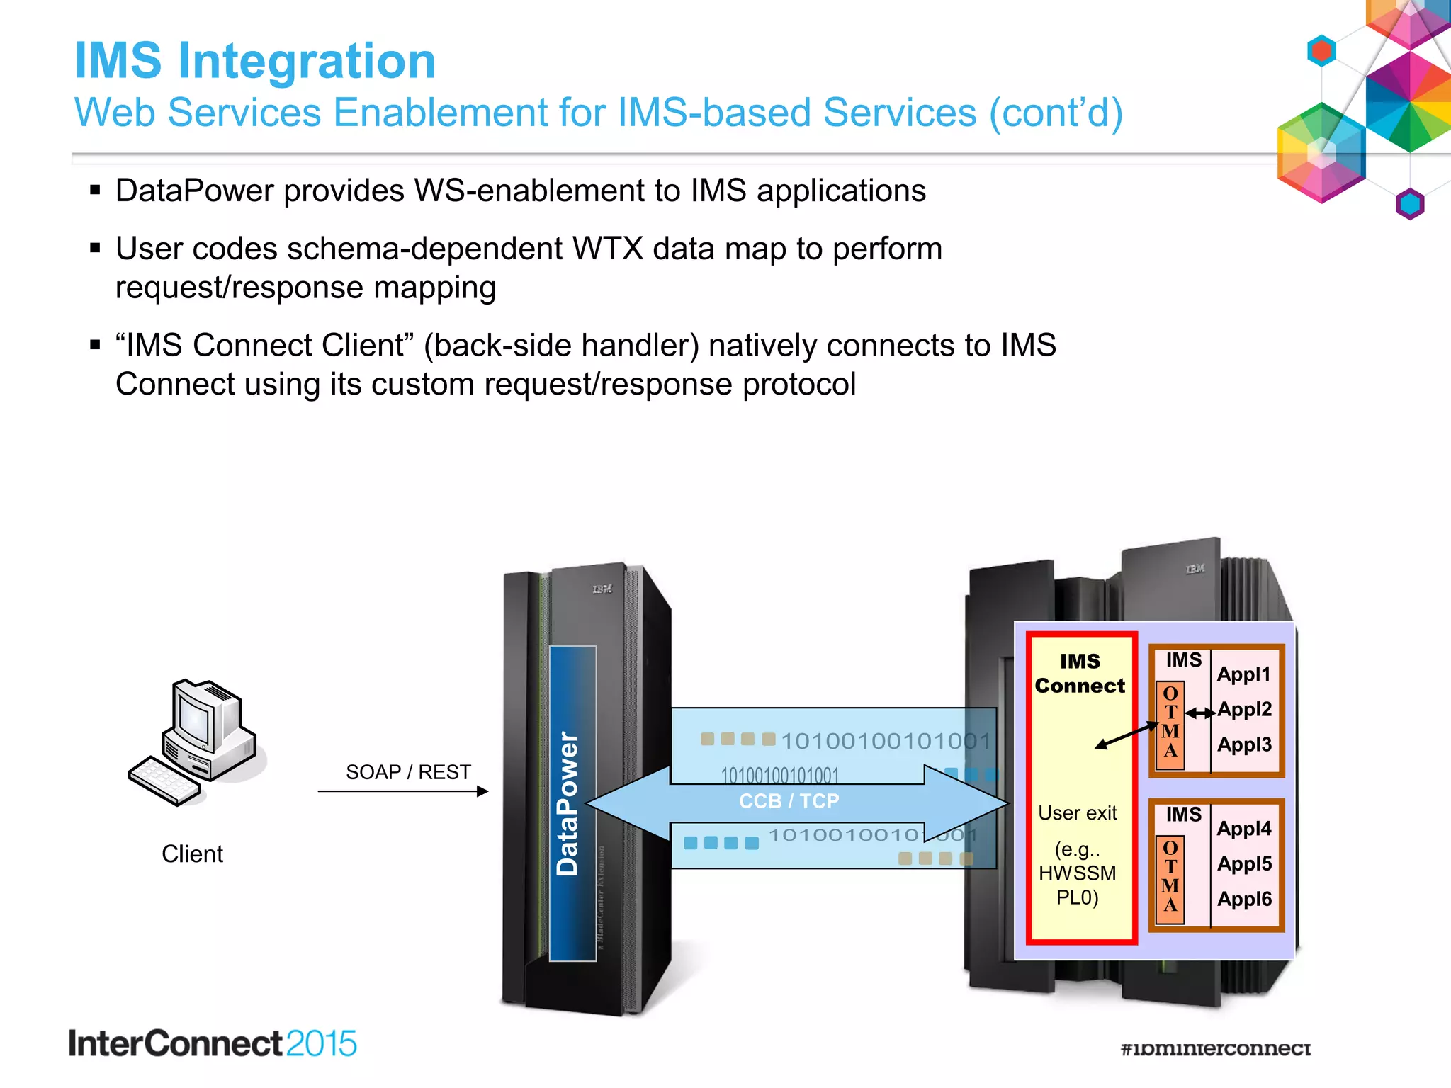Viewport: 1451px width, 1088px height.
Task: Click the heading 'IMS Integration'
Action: pos(255,61)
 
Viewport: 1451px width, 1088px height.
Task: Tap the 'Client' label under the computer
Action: pos(192,854)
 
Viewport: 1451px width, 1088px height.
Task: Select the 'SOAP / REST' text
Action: pos(408,772)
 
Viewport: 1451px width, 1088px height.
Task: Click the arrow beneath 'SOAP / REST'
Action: pos(403,791)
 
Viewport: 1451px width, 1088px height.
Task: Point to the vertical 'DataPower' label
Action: pos(568,804)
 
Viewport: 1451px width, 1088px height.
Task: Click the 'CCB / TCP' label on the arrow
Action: pos(789,801)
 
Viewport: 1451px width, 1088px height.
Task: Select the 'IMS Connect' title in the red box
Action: pos(1080,674)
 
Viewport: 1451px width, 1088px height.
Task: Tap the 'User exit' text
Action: pos(1077,813)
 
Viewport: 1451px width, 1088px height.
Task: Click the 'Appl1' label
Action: pos(1243,674)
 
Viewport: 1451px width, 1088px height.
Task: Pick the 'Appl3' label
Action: pos(1244,744)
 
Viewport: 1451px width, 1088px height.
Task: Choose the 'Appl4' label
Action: pos(1244,828)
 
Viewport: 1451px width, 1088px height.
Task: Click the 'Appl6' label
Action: pos(1244,899)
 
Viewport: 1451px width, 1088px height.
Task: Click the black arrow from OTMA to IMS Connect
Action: pos(1127,735)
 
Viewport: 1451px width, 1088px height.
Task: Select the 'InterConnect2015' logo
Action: pos(213,1044)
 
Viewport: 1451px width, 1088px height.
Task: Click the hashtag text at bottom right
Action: pos(1215,1048)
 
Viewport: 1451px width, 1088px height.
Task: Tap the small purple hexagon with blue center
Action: pos(1409,204)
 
